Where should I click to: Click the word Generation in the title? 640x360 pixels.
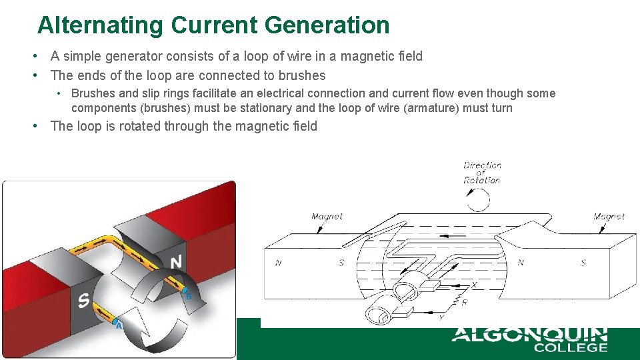click(327, 25)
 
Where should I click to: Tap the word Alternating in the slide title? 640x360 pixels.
click(100, 25)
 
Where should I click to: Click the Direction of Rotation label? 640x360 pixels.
click(482, 172)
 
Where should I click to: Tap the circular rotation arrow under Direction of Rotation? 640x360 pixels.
click(477, 199)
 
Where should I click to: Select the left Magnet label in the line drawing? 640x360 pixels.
click(327, 216)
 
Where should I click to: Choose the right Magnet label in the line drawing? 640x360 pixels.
click(609, 216)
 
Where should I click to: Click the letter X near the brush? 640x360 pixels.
click(474, 285)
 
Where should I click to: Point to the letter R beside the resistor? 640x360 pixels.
click(464, 303)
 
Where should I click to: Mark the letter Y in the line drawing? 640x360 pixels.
click(441, 318)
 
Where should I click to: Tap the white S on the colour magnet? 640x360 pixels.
click(83, 301)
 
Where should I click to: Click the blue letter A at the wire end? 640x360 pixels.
click(119, 325)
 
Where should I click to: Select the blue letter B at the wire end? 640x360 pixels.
click(188, 295)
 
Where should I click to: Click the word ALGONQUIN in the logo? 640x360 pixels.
click(529, 334)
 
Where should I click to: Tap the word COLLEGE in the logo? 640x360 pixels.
click(570, 347)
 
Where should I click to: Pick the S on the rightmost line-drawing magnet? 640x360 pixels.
click(583, 263)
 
